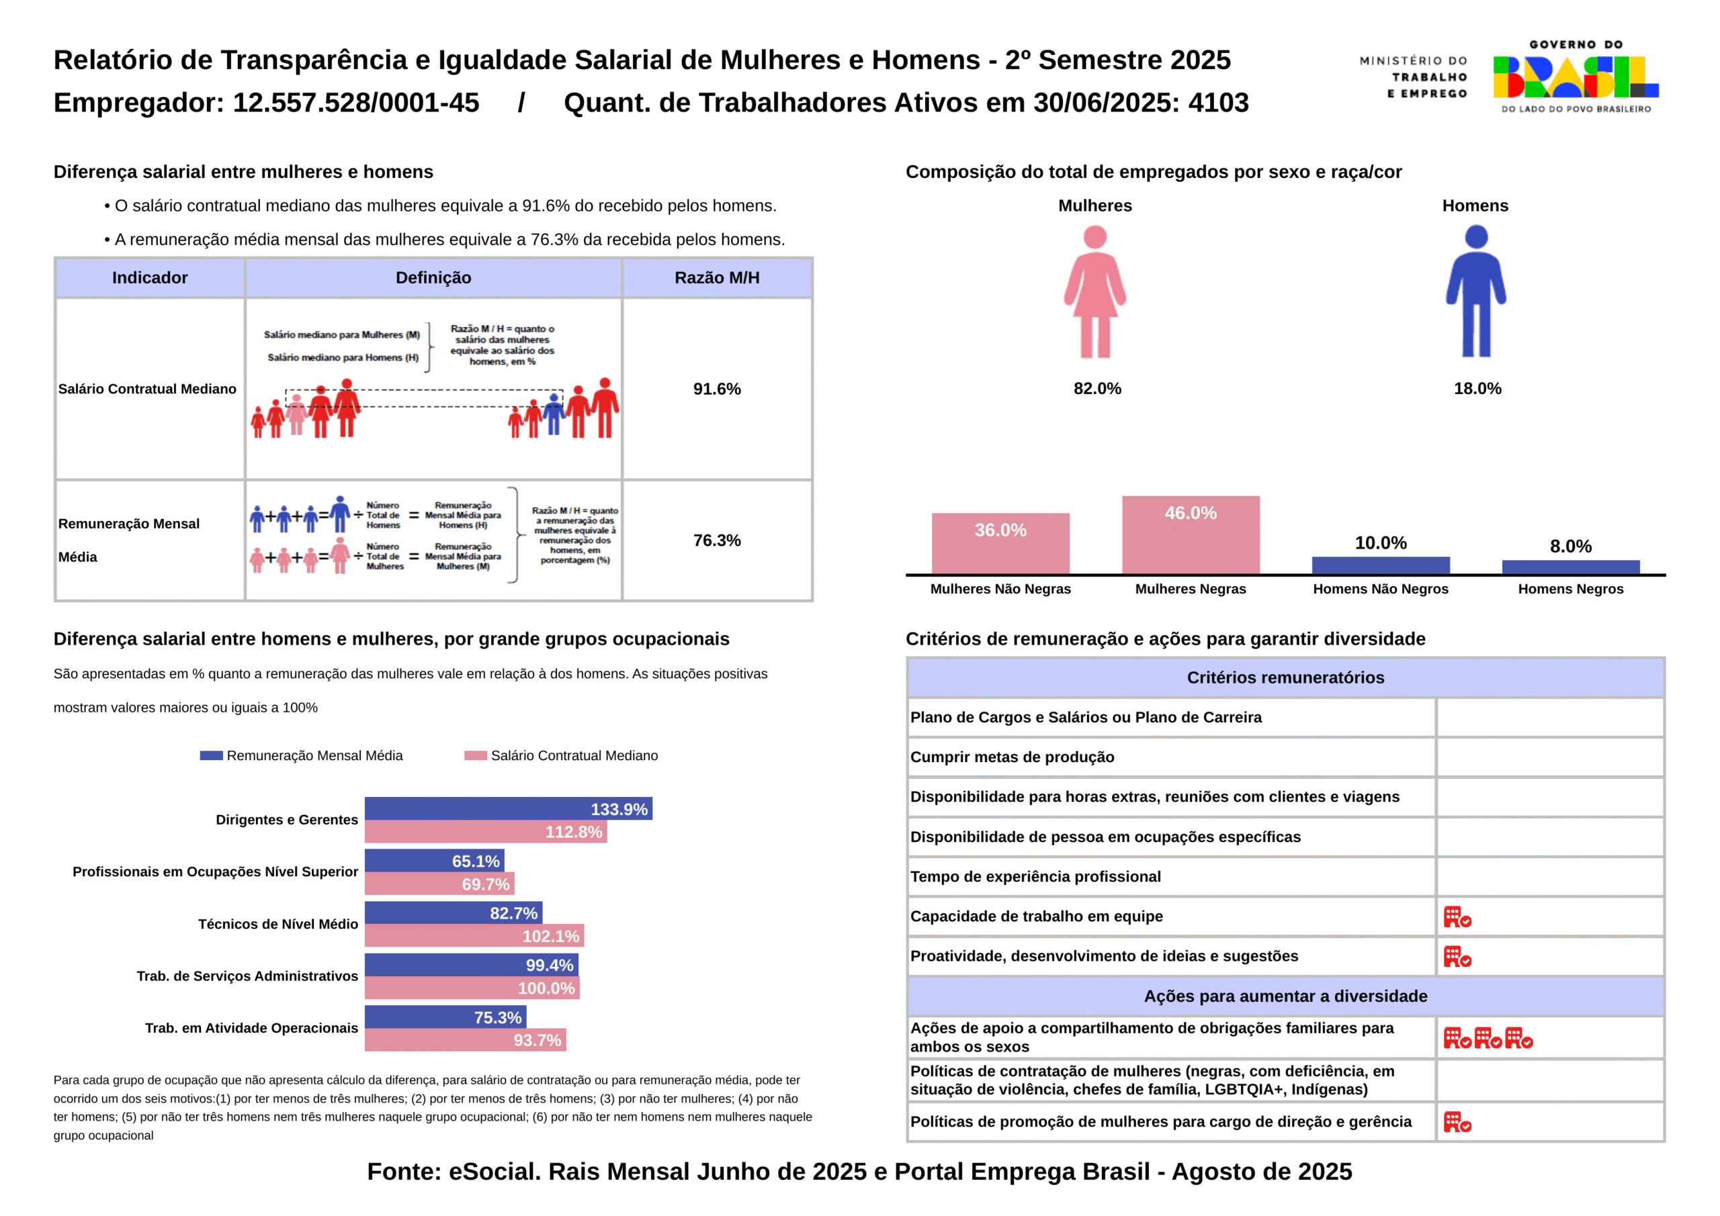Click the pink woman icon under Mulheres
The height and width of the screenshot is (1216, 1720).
click(1094, 292)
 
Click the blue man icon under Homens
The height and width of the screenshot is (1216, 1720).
click(1476, 292)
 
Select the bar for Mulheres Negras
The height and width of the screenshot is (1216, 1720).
click(1191, 534)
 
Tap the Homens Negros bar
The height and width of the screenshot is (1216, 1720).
click(1570, 567)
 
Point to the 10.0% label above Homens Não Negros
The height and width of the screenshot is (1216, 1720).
click(1381, 543)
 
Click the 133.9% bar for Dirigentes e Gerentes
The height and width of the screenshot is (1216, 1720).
click(508, 808)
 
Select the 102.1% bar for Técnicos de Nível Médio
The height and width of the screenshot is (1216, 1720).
click(474, 936)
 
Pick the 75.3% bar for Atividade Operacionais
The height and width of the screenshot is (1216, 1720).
click(445, 1017)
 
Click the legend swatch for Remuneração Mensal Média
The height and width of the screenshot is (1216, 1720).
click(211, 755)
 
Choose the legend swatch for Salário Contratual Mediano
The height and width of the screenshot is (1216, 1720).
click(476, 755)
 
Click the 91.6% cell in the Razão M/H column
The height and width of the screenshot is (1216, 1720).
click(717, 389)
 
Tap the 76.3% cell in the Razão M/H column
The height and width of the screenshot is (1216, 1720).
click(717, 540)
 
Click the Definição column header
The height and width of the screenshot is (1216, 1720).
click(433, 278)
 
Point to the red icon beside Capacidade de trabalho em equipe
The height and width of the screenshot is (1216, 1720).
click(1457, 917)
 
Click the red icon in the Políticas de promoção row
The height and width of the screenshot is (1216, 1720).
click(1457, 1121)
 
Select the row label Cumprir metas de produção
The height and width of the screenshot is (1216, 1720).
click(1012, 757)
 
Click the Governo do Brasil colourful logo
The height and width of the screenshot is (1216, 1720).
click(1576, 78)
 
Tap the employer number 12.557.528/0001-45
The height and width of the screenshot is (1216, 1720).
click(356, 103)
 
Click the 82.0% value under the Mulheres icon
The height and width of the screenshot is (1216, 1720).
click(1096, 388)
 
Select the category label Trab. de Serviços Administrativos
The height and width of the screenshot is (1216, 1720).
click(247, 976)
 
